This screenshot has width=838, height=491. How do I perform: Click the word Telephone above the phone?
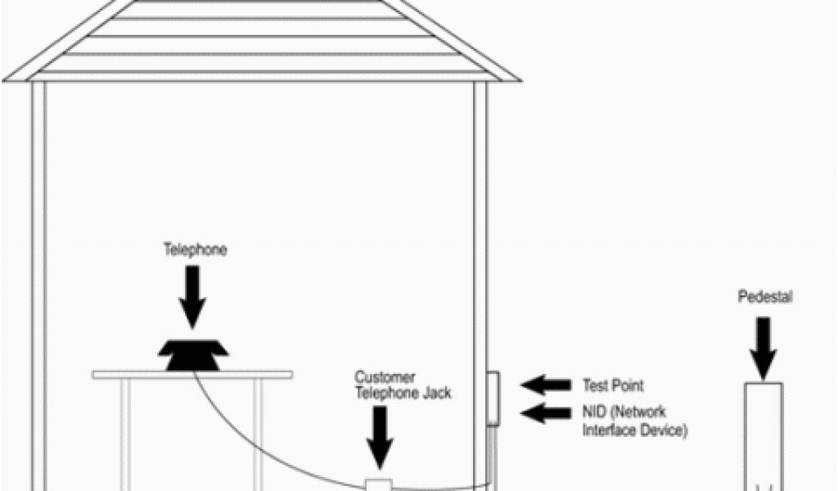195,250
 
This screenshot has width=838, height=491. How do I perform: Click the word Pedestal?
765,297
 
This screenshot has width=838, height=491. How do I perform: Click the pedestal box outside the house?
764,434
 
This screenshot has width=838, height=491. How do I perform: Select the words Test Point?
612,385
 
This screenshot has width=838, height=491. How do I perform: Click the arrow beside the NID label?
546,413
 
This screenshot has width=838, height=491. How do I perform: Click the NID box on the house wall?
493,398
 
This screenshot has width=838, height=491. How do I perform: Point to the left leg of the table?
124,434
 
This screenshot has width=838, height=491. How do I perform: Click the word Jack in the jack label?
437,393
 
